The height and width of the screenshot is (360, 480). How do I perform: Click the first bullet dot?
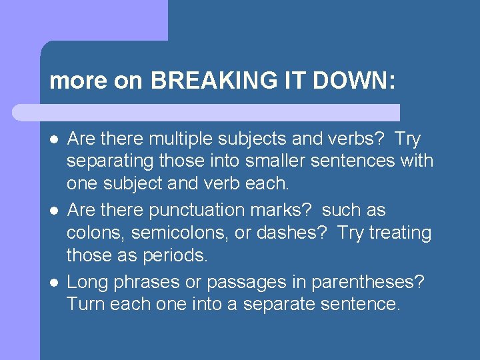[x=54, y=139]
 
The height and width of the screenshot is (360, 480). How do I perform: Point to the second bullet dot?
[x=54, y=211]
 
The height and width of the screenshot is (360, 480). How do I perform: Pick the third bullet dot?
[x=54, y=282]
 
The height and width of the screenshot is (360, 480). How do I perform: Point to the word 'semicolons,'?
[x=175, y=233]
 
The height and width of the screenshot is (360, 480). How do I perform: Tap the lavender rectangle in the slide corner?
[x=83, y=20]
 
